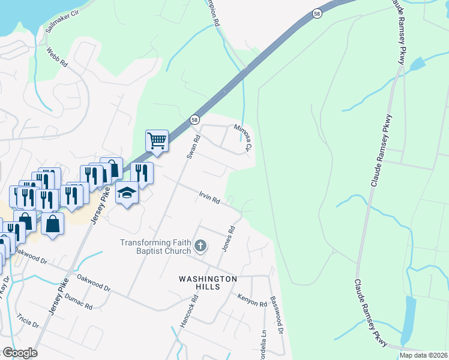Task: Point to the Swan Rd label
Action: [x=193, y=146]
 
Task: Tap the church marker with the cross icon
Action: [x=200, y=245]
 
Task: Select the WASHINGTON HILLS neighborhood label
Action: [x=208, y=283]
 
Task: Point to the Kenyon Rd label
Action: [x=252, y=301]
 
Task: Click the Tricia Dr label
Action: [x=28, y=320]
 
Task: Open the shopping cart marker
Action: [x=156, y=142]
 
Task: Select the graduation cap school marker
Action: [x=127, y=193]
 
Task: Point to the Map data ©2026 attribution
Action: [x=423, y=355]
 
